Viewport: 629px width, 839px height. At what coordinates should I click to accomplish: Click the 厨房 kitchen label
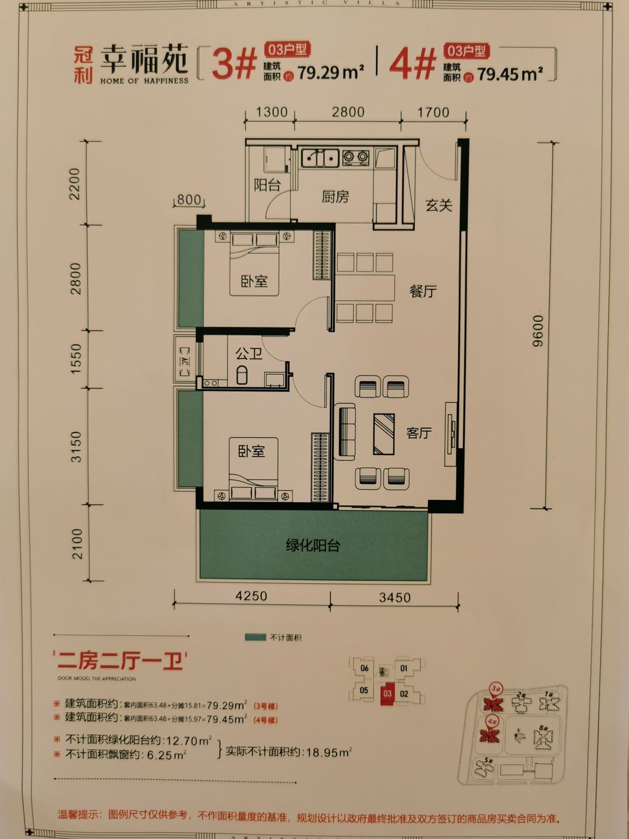pyautogui.click(x=335, y=197)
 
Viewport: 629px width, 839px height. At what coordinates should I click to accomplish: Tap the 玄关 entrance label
pyautogui.click(x=439, y=205)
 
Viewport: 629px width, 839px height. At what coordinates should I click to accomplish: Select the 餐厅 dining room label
pyautogui.click(x=423, y=291)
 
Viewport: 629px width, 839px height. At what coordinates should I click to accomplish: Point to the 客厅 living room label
pyautogui.click(x=419, y=433)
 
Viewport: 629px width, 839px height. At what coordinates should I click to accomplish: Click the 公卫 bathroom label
pyautogui.click(x=249, y=353)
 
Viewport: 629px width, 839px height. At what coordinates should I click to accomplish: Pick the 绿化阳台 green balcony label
pyautogui.click(x=313, y=546)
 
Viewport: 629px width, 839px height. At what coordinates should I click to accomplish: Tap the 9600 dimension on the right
pyautogui.click(x=538, y=331)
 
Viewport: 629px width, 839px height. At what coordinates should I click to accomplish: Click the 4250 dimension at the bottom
pyautogui.click(x=251, y=596)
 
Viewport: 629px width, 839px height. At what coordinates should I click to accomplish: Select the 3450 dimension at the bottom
pyautogui.click(x=394, y=597)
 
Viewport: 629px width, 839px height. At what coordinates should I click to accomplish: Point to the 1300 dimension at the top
pyautogui.click(x=272, y=112)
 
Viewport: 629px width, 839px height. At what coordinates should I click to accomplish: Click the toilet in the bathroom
pyautogui.click(x=242, y=375)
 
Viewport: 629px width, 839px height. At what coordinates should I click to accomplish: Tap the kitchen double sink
pyautogui.click(x=320, y=157)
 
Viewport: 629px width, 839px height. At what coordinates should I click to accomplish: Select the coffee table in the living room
pyautogui.click(x=384, y=433)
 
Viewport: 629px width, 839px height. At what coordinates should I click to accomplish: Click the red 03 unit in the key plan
pyautogui.click(x=387, y=693)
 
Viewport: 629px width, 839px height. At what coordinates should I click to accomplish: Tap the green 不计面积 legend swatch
pyautogui.click(x=256, y=637)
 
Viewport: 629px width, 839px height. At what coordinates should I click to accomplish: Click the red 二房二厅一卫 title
pyautogui.click(x=121, y=661)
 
